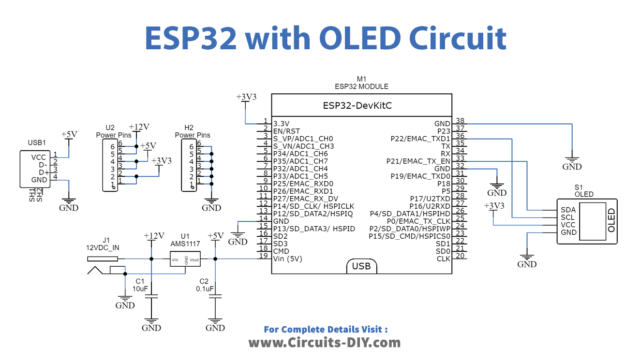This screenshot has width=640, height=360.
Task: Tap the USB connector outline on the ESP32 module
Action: point(362,266)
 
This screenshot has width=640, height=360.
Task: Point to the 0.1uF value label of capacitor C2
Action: point(204,290)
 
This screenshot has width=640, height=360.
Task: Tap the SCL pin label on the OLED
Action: point(568,217)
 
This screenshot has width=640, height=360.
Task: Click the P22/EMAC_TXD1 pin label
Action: point(419,137)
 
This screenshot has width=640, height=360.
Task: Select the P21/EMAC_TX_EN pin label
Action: point(418,160)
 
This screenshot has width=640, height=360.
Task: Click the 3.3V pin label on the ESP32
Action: point(281,122)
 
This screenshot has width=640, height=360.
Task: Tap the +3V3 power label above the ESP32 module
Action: point(245,97)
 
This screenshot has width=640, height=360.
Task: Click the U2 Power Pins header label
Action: point(117,131)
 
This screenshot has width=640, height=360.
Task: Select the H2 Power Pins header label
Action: point(196,131)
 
